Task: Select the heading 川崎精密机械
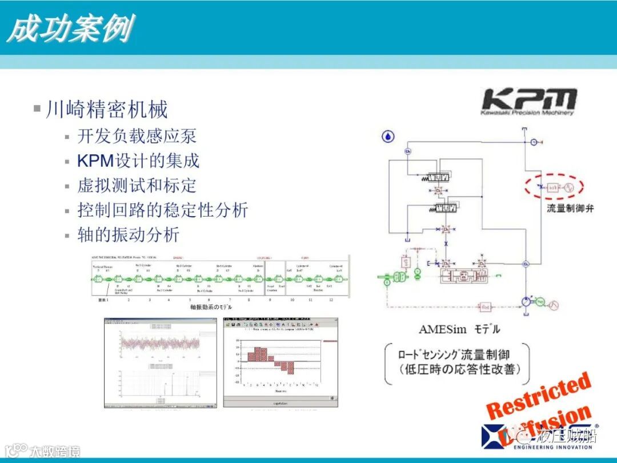click(x=107, y=109)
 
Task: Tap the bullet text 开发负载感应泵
click(x=137, y=136)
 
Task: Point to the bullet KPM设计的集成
click(x=138, y=161)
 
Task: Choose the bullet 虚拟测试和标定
click(x=137, y=185)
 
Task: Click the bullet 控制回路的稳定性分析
click(x=163, y=210)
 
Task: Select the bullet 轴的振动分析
click(x=129, y=234)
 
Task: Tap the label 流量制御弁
click(x=570, y=208)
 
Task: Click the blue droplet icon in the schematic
click(x=388, y=136)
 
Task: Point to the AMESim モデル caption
click(x=459, y=329)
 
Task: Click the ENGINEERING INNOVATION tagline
click(x=552, y=447)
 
